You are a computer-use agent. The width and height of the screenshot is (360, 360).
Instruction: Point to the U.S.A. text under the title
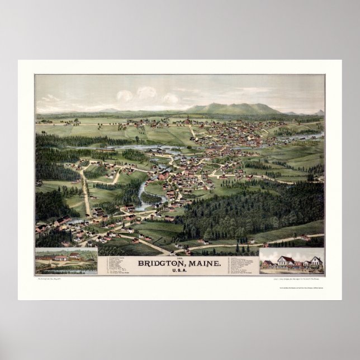[x=179, y=269]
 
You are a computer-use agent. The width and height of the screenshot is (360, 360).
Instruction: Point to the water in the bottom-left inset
[x=61, y=269]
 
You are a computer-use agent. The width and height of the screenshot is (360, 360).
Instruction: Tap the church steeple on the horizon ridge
[x=188, y=117]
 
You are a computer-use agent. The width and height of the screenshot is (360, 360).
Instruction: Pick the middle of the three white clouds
[x=147, y=92]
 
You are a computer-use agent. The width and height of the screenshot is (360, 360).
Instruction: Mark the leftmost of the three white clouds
[x=125, y=96]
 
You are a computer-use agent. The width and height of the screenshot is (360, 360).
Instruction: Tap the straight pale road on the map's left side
[x=86, y=193]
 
